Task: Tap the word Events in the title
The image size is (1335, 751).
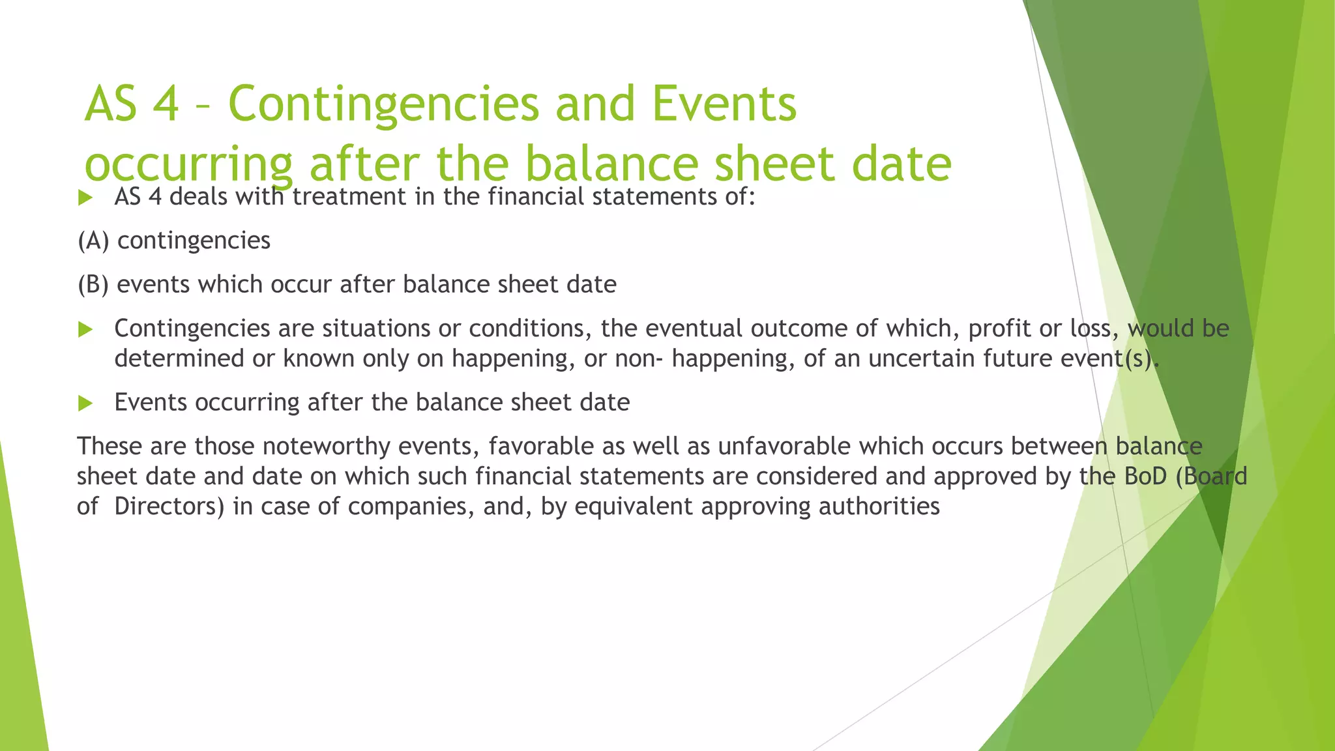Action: [x=724, y=104]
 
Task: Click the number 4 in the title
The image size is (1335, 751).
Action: [x=166, y=104]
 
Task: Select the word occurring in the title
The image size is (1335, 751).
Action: [x=189, y=164]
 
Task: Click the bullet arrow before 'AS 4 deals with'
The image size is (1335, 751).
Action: [x=85, y=198]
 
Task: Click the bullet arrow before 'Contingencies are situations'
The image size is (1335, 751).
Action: [x=85, y=329]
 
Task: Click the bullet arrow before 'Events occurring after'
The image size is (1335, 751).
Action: [x=85, y=404]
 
